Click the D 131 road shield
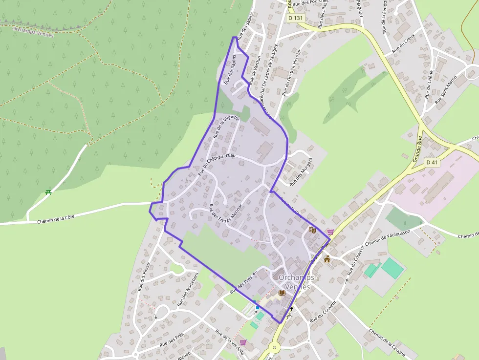point(295,18)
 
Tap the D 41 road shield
point(432,162)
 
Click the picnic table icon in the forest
point(48,192)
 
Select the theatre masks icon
point(312,229)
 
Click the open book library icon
point(281,293)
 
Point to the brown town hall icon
point(327,259)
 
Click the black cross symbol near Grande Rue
point(291,309)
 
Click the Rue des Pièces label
point(144,276)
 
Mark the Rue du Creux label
point(403,47)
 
